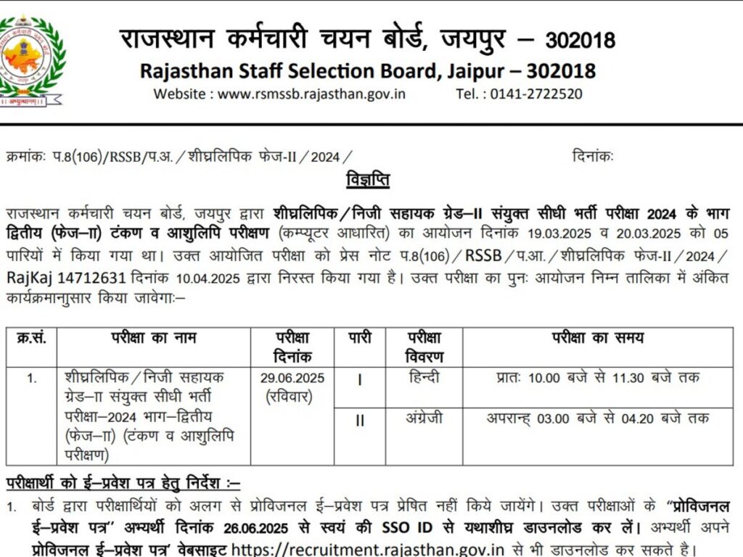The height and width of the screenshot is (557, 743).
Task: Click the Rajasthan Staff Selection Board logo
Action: coord(30,61)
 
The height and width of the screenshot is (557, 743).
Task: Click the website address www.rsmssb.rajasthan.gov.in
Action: coord(311,94)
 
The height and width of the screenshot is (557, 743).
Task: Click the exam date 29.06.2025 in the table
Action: coord(292,379)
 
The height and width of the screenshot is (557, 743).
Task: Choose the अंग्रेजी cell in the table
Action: coord(424,418)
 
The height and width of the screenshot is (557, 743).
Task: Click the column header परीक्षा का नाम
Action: coord(153,339)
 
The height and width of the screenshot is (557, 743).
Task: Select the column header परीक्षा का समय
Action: coord(597,339)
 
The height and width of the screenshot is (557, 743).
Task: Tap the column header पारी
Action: coord(359,339)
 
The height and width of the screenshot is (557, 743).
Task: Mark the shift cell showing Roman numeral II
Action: coord(359,421)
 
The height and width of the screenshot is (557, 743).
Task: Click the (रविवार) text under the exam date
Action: coord(292,397)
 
